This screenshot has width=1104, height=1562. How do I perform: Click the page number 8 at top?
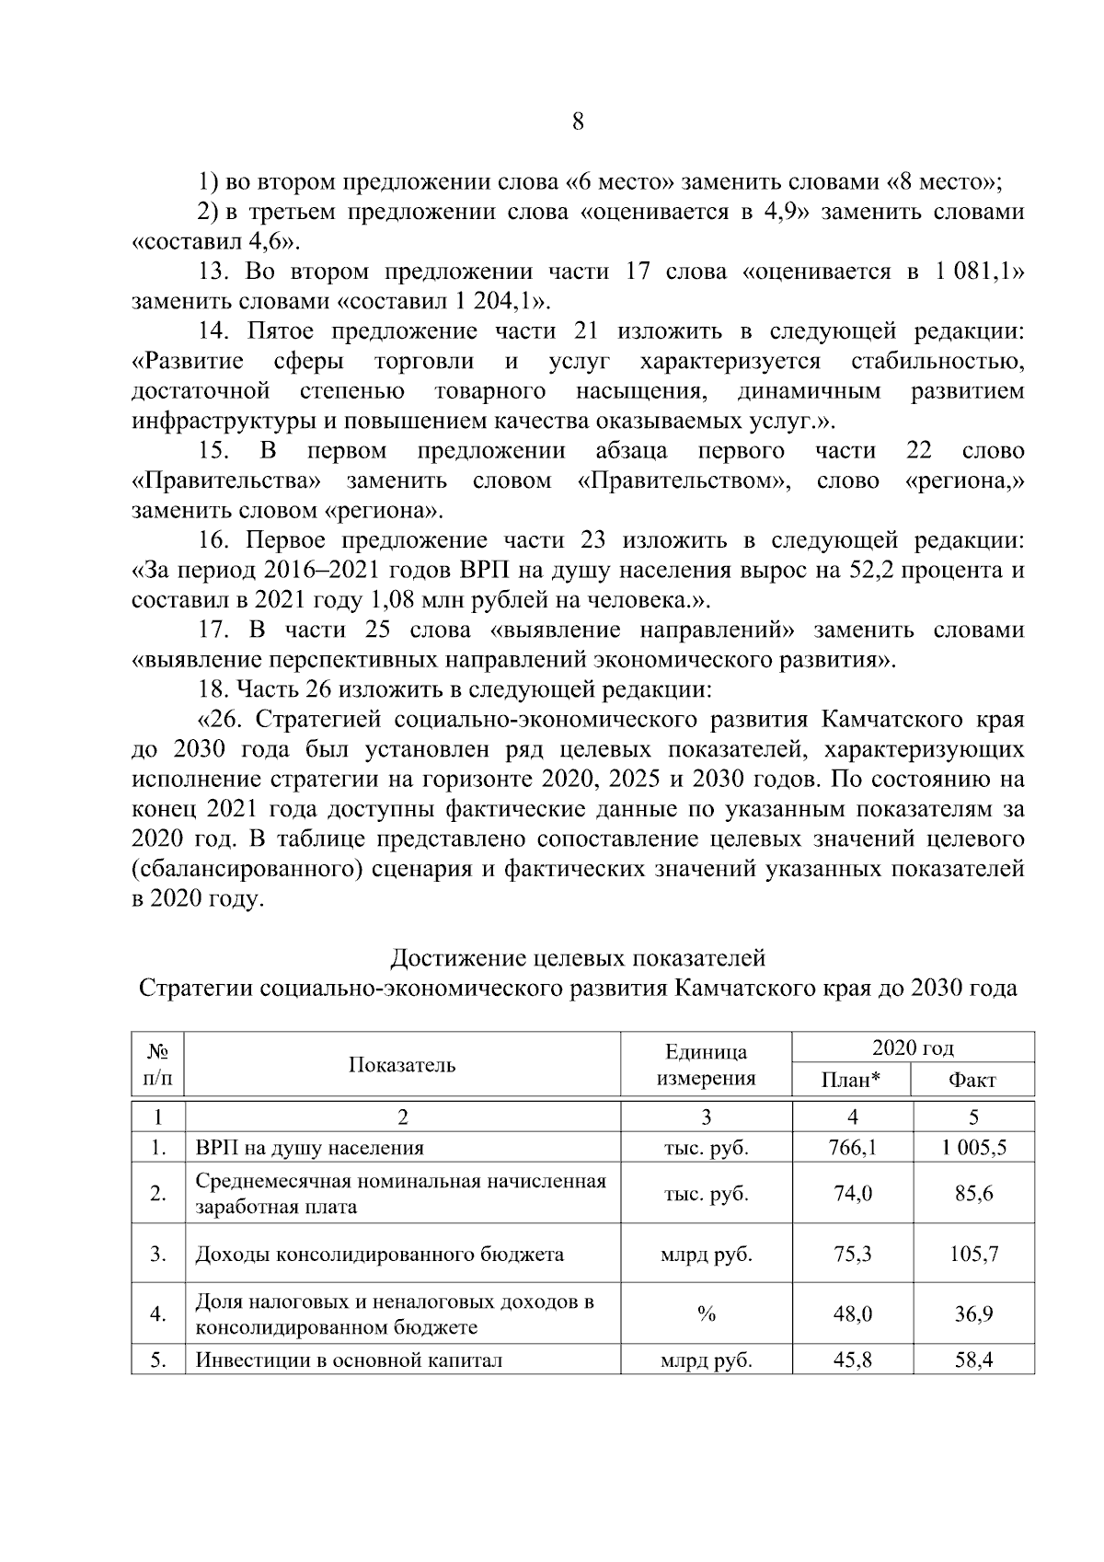[578, 122]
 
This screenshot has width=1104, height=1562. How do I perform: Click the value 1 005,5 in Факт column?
[972, 1148]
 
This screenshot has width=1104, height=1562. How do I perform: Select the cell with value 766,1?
[852, 1148]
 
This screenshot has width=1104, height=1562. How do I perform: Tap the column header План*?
[851, 1080]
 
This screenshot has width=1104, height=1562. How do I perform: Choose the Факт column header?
[972, 1080]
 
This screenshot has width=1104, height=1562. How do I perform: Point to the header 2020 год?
[913, 1047]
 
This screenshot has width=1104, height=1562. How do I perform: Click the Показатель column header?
[402, 1065]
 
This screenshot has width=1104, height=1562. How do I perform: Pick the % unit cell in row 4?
[706, 1314]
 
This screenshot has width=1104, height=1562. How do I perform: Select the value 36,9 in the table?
[972, 1314]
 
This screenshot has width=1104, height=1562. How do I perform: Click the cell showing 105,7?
[972, 1254]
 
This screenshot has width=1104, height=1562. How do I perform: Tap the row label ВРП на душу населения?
[310, 1148]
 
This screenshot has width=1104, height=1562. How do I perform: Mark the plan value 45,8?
[852, 1360]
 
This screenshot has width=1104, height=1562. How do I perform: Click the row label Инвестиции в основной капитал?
[349, 1360]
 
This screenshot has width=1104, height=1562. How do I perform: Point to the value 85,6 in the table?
[972, 1194]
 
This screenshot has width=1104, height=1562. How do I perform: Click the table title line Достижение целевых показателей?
[578, 958]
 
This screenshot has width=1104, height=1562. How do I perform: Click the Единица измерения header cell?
[706, 1065]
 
